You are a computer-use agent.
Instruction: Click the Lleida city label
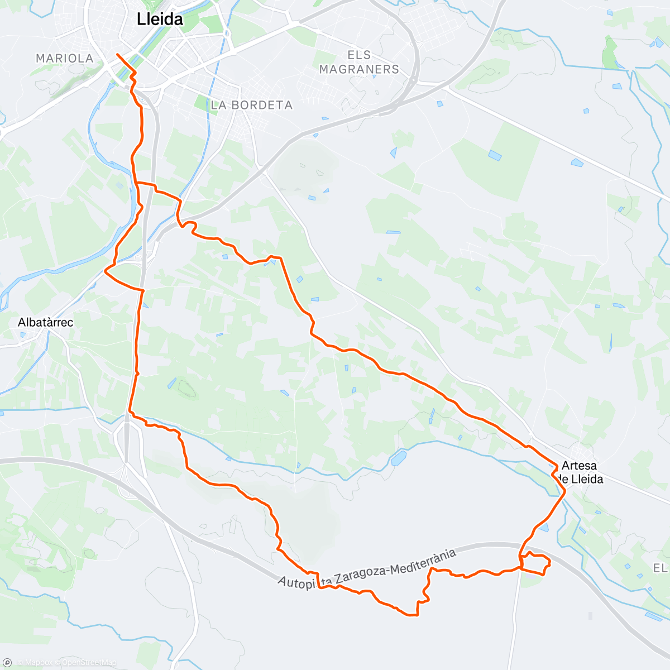pyautogui.click(x=160, y=20)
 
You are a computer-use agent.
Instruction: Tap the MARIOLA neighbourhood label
pyautogui.click(x=64, y=59)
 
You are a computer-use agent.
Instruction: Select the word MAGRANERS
pyautogui.click(x=359, y=69)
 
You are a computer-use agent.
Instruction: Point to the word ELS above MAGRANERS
pyautogui.click(x=359, y=55)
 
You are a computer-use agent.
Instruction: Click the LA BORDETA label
pyautogui.click(x=252, y=105)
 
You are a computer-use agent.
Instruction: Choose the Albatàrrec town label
pyautogui.click(x=45, y=322)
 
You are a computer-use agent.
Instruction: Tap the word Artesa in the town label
pyautogui.click(x=579, y=466)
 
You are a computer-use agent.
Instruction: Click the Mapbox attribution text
pyautogui.click(x=39, y=663)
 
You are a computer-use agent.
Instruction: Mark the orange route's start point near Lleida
pyautogui.click(x=117, y=54)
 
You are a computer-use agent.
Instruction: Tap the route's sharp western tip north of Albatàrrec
pyautogui.click(x=106, y=272)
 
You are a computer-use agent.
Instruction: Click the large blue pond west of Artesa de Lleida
pyautogui.click(x=399, y=458)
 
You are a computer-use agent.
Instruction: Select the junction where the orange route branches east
pyautogui.click(x=137, y=183)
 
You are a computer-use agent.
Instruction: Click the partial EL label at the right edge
pyautogui.click(x=661, y=568)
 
